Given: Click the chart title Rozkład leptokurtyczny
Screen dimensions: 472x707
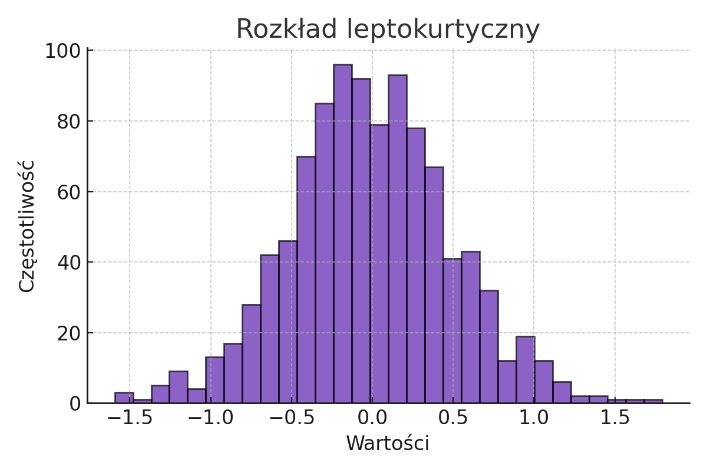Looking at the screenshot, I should coord(388,29).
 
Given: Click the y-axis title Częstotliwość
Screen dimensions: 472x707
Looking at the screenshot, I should coord(27,226).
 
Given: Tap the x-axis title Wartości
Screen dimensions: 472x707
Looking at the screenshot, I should coord(388,443).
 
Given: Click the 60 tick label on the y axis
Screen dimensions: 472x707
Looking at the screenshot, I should coord(69,192).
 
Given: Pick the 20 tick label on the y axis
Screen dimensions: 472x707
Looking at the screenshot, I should coord(69,333).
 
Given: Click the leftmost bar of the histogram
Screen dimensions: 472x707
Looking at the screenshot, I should coord(124,398).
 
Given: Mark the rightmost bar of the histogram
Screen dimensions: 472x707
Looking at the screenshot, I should coord(653,401).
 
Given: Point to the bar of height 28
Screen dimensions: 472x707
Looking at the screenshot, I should coord(251,354).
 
